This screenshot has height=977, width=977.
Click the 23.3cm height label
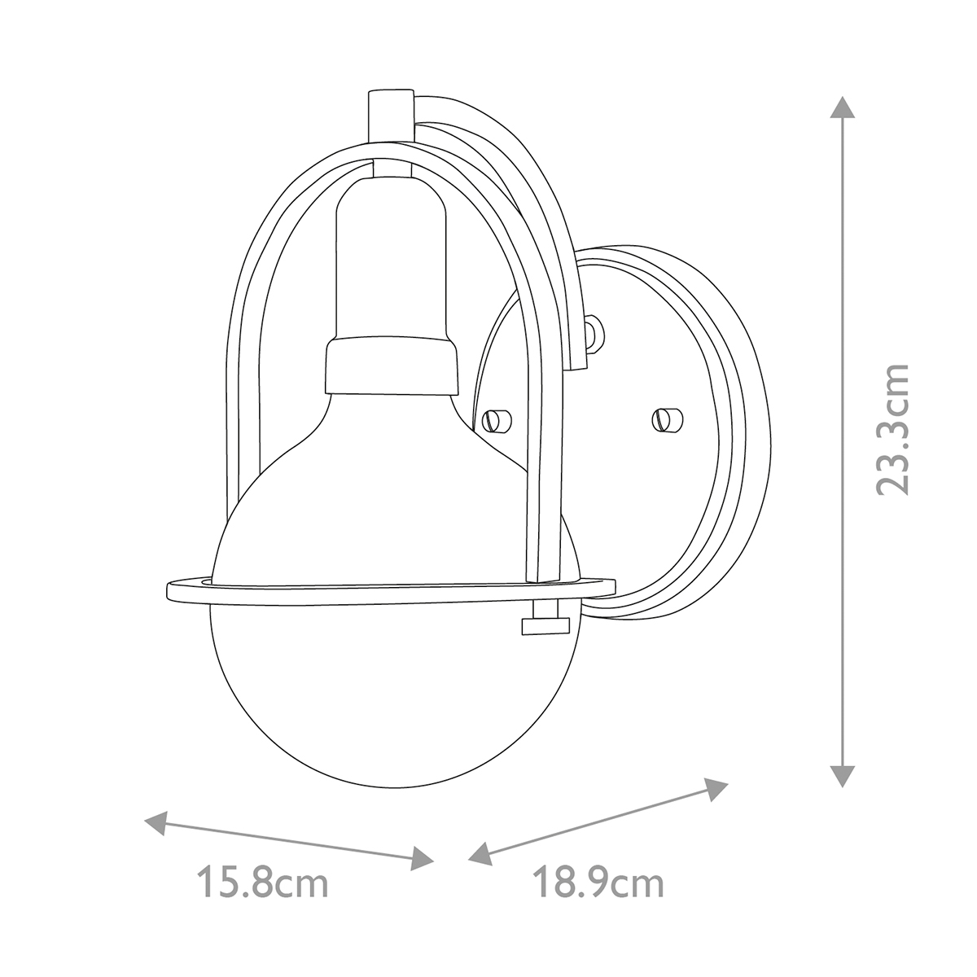pos(891,429)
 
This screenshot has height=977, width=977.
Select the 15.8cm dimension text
pos(262,883)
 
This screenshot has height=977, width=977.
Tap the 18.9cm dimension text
pos(598,883)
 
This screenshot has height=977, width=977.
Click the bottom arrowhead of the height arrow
pos(843,776)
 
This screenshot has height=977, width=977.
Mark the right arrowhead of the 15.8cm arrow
pos(423,857)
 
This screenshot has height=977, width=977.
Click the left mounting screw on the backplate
pos(495,421)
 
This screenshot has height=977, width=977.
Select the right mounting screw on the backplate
pos(667,419)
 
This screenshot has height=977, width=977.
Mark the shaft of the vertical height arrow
pos(843,440)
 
